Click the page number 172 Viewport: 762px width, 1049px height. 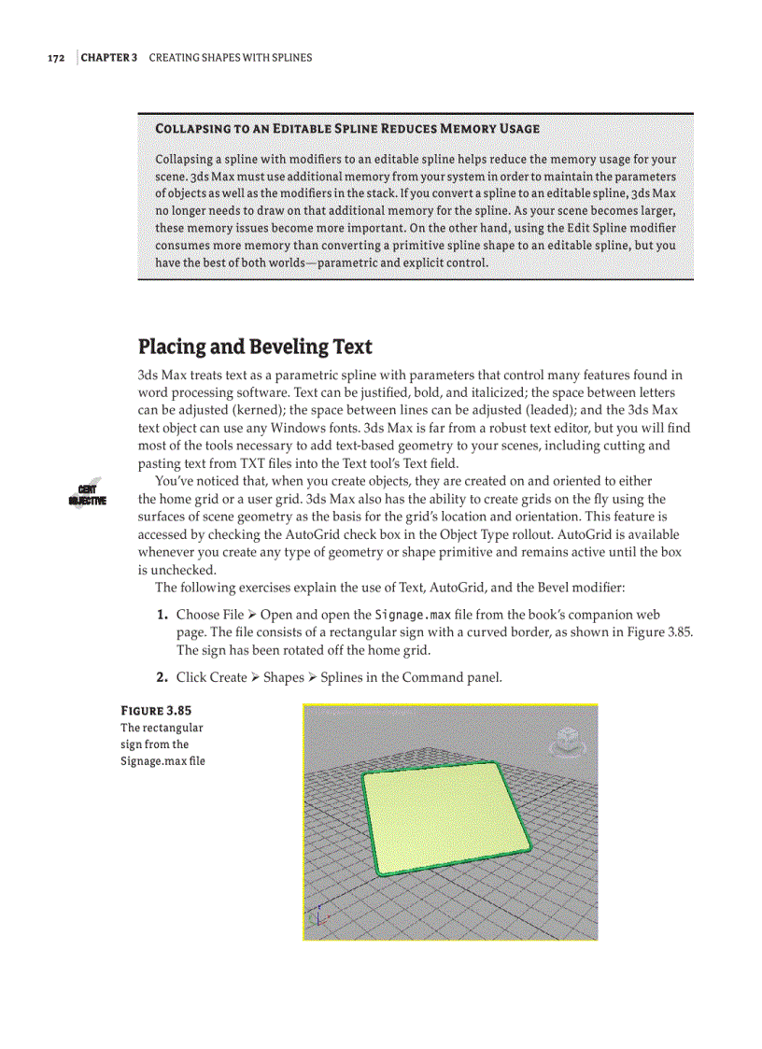coord(56,58)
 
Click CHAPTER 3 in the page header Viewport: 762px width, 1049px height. coord(109,58)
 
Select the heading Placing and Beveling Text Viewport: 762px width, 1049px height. coord(255,347)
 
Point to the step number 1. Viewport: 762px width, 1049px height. coord(162,615)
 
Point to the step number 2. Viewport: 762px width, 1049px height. coord(162,677)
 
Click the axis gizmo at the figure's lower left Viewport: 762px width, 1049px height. coord(319,918)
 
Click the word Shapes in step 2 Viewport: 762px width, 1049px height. coord(283,677)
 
